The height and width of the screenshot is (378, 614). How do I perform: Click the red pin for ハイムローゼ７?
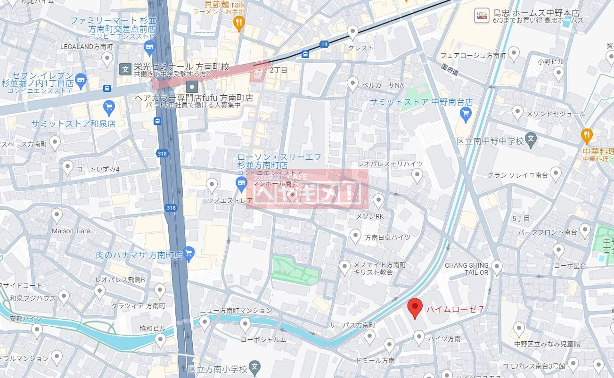click(415, 308)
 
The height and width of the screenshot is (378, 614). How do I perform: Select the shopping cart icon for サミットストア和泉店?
click(109, 107)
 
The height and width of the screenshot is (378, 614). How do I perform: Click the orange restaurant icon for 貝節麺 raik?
click(239, 22)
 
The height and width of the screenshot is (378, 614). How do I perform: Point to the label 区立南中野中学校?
click(490, 141)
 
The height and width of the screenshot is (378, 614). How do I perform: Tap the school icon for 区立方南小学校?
click(254, 367)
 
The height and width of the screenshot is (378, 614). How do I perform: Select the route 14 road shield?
click(324, 44)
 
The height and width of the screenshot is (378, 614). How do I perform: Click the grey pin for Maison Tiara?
click(57, 216)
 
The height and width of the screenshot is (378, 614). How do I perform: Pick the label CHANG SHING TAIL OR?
click(467, 269)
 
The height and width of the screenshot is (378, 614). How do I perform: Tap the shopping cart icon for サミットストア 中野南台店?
click(466, 114)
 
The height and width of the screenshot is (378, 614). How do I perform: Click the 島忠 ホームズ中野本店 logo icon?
click(481, 16)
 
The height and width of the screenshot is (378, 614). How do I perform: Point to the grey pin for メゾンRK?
click(378, 201)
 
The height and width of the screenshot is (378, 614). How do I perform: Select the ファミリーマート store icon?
click(150, 46)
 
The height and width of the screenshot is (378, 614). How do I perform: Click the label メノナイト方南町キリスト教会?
click(379, 269)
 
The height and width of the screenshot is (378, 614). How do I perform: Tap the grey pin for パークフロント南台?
click(584, 230)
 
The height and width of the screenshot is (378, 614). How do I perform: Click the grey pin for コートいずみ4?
click(67, 167)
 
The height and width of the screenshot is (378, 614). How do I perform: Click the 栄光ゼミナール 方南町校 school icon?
click(125, 69)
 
